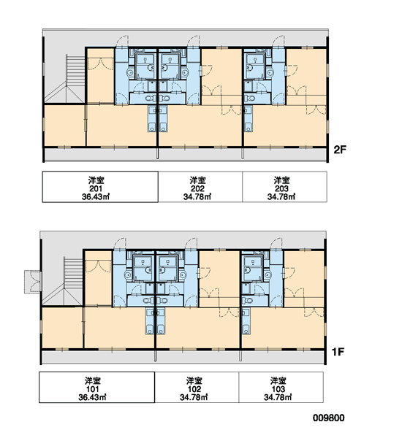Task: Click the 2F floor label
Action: (x=340, y=150)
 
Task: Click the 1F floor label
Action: (x=338, y=352)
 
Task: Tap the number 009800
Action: (x=328, y=418)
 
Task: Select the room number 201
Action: (x=96, y=188)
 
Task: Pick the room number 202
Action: (x=197, y=188)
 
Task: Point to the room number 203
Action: (x=281, y=188)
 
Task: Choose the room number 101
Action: (x=92, y=389)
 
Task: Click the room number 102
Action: (x=194, y=389)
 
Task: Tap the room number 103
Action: (x=278, y=389)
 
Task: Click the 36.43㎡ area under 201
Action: (x=96, y=196)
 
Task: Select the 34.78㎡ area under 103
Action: (x=278, y=397)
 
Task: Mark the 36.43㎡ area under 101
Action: (x=92, y=397)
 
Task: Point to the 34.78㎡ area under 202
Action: (x=197, y=196)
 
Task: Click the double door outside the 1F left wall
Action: (x=33, y=282)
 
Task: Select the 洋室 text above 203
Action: (x=281, y=180)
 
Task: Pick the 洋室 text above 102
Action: (x=194, y=381)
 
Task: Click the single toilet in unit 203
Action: (x=250, y=99)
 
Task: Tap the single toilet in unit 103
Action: (x=248, y=301)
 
